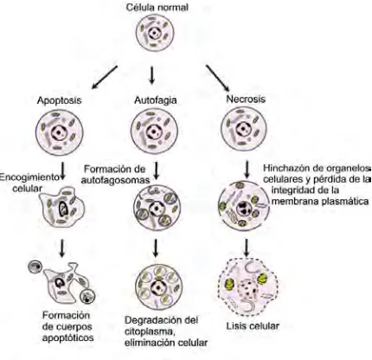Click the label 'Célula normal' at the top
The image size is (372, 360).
157,7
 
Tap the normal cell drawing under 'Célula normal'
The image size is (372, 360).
155,33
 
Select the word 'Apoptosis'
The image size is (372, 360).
59,100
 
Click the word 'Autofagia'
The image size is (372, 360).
156,100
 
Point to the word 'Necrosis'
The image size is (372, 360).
246,99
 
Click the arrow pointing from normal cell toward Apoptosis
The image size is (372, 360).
104,77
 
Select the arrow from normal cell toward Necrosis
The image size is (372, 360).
217,78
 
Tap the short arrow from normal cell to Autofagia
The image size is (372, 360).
151,76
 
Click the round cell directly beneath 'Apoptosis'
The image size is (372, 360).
60,132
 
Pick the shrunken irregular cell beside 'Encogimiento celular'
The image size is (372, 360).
63,207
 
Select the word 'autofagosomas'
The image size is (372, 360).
115,180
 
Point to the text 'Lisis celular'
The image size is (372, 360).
253,326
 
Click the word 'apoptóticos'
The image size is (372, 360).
68,337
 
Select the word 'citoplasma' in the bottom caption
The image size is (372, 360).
149,331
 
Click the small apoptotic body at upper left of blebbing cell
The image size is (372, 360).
35,267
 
